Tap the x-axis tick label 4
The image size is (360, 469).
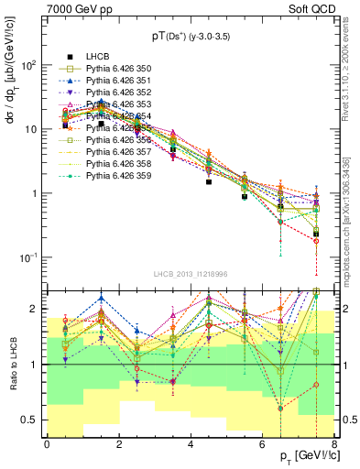190,443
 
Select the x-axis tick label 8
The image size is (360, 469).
333,443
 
